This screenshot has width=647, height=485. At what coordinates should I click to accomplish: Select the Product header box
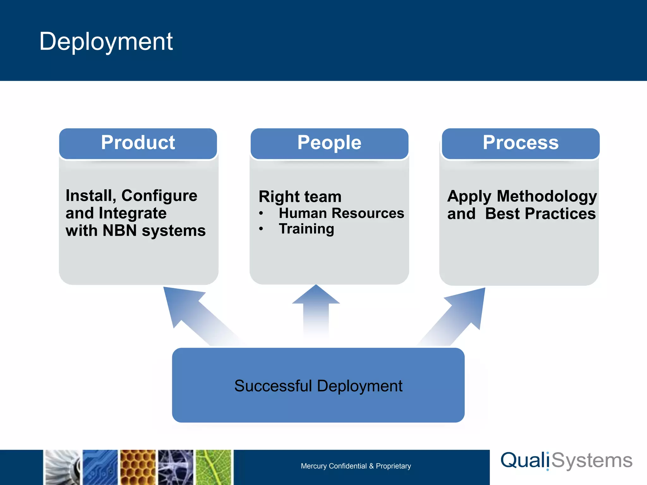(138, 143)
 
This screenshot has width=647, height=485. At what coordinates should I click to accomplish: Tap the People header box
(329, 143)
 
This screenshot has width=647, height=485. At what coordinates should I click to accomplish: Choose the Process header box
(520, 143)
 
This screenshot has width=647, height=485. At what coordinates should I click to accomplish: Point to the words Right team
(300, 197)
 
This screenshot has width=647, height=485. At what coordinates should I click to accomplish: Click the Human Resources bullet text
(341, 213)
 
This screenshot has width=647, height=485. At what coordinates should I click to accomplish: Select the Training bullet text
(306, 229)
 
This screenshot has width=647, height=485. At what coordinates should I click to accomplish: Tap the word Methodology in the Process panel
(547, 196)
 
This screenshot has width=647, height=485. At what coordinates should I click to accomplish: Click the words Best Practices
(540, 214)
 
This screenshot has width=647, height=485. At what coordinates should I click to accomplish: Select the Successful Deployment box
(318, 385)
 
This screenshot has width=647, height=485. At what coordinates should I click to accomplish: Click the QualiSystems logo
(566, 461)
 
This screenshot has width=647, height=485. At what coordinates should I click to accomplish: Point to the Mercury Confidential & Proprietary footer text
(356, 466)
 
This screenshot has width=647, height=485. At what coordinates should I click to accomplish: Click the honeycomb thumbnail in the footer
(138, 467)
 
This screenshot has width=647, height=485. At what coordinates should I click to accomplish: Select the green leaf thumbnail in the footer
(214, 467)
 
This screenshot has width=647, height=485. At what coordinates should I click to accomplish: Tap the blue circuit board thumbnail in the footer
(100, 467)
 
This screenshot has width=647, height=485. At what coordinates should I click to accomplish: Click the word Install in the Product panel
(88, 196)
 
